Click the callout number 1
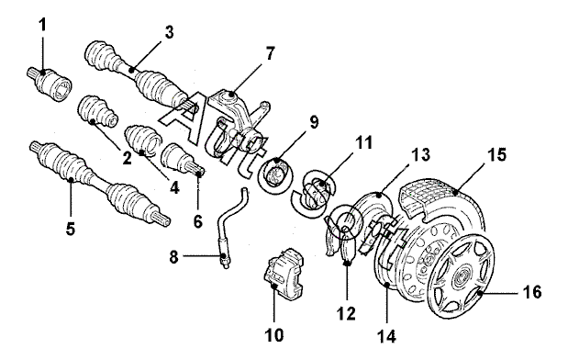43,26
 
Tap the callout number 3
169,32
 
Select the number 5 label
71,229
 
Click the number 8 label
174,257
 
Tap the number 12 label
346,314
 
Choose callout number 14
386,337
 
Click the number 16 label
532,292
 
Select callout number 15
496,155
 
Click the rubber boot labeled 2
97,111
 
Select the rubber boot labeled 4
143,141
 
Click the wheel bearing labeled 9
276,173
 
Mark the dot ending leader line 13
379,196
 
